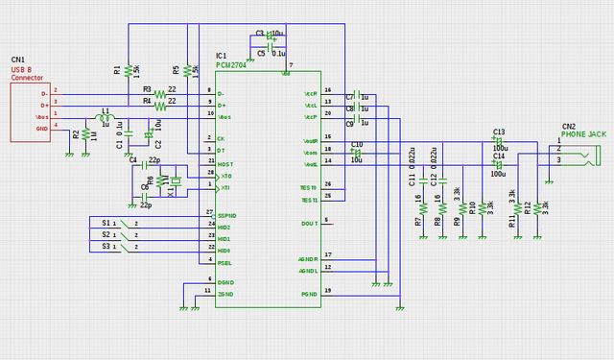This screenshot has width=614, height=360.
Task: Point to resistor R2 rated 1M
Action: (84, 135)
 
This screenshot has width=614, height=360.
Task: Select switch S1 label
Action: (106, 223)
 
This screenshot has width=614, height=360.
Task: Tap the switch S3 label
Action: (106, 247)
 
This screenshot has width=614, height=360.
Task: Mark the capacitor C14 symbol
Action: (498, 165)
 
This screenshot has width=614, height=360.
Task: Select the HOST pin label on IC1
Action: (226, 164)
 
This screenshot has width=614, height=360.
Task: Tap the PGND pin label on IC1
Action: (308, 293)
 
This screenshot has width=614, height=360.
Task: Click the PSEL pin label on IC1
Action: (224, 262)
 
